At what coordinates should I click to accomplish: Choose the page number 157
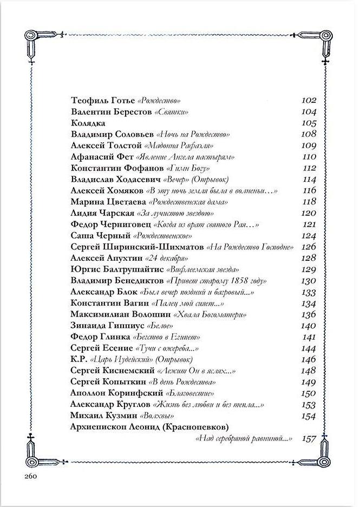coord(307,438)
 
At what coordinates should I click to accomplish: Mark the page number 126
coord(307,247)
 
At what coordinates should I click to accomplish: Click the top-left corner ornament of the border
coord(34,44)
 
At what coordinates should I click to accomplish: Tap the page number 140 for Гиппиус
coord(307,326)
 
